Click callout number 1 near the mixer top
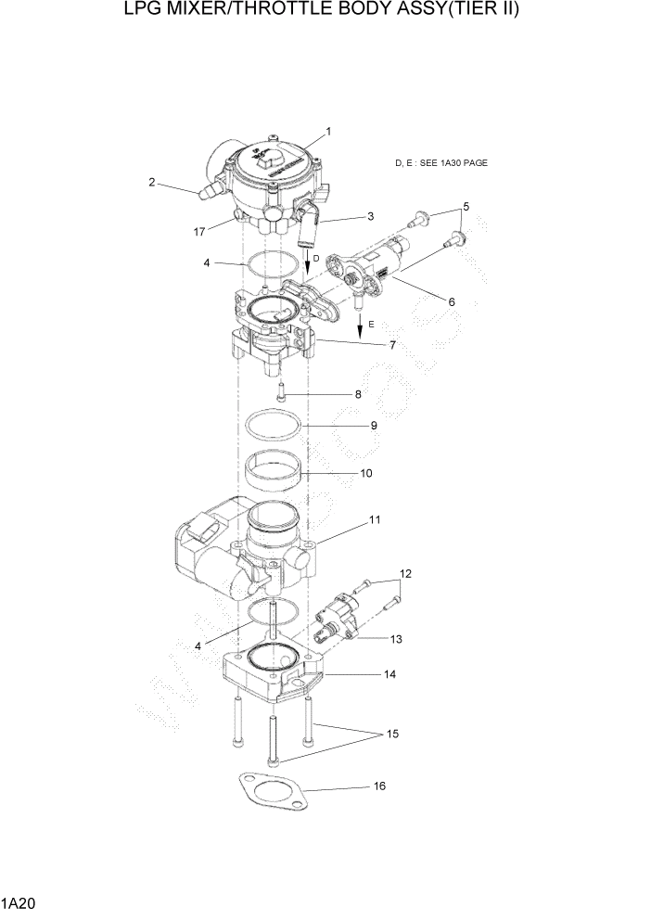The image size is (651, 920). click(x=327, y=131)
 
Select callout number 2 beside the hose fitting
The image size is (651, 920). click(x=151, y=183)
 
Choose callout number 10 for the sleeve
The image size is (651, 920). click(x=365, y=473)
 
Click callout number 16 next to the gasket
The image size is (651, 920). click(x=378, y=786)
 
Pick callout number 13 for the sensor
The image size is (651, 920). click(x=396, y=639)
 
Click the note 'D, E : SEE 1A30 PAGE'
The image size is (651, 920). click(x=440, y=163)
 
